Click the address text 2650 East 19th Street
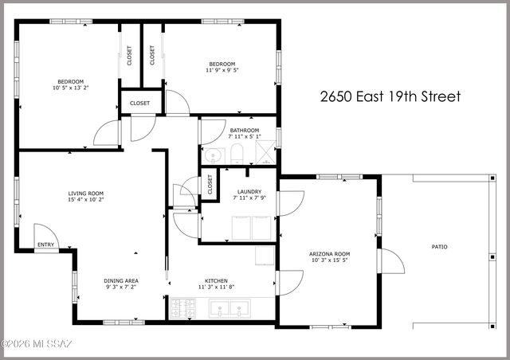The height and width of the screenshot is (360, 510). tap(390, 97)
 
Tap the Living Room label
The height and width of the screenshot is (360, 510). tap(85, 194)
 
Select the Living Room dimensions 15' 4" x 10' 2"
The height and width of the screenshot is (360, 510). tap(85, 201)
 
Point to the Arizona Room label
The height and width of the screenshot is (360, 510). tap(329, 253)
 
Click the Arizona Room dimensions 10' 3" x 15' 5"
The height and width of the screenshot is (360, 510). tap(329, 260)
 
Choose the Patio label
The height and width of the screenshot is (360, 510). tap(439, 247)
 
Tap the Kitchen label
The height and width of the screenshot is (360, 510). tap(217, 281)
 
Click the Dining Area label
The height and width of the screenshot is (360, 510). tap(122, 281)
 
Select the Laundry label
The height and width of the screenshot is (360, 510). tap(249, 191)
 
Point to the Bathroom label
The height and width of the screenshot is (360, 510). tap(245, 130)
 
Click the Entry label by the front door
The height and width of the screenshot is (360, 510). tap(46, 245)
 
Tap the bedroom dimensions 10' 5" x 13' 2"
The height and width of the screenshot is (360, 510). tap(70, 88)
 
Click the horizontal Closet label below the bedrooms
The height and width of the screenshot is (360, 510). tap(140, 104)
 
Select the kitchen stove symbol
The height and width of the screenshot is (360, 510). tap(182, 307)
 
